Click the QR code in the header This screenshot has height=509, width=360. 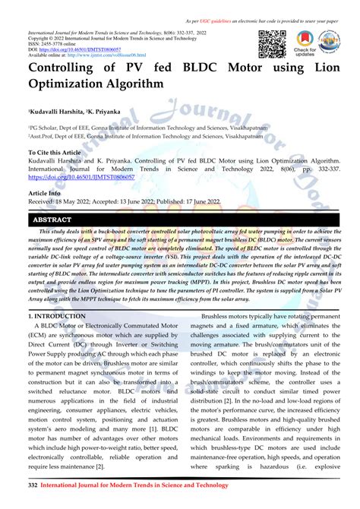273,45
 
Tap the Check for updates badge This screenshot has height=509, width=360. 305,45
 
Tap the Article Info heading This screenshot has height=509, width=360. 45,194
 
